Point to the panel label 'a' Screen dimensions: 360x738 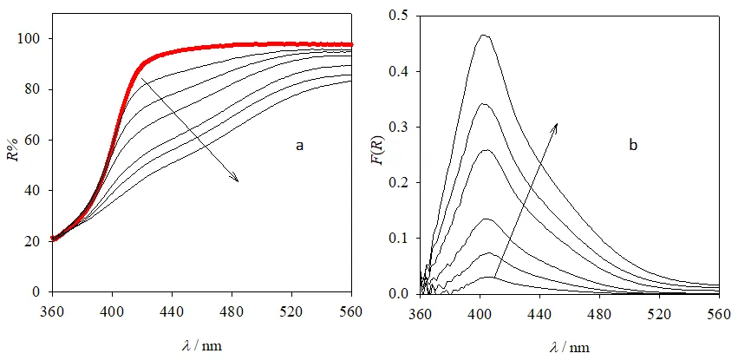[300, 146]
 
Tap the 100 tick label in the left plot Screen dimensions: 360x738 [31, 39]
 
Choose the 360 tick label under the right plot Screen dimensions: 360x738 [421, 311]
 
